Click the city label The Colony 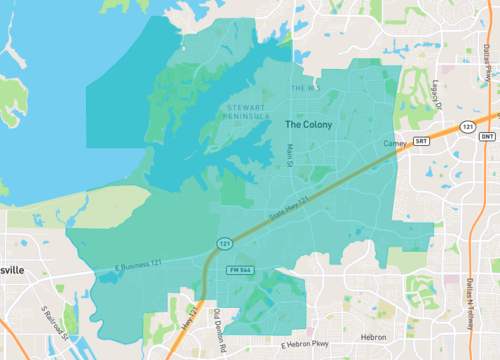click(315, 125)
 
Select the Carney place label click(393, 144)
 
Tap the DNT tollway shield click(486, 135)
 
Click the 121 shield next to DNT click(467, 128)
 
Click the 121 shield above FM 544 click(228, 242)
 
